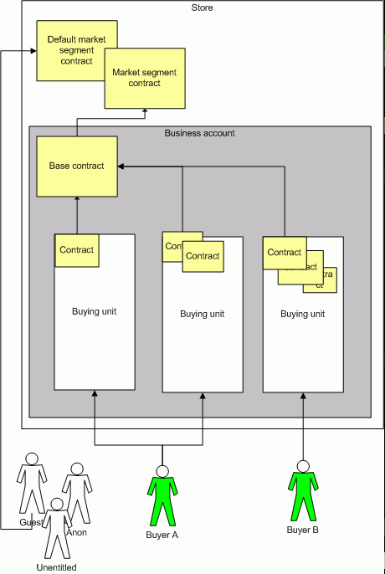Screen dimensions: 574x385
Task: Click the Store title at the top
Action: (x=202, y=8)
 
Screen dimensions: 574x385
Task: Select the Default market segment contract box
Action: (x=70, y=50)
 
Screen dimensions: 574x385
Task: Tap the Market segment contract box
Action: (x=144, y=78)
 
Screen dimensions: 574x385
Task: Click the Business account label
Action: (x=199, y=133)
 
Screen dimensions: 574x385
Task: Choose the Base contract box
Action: (x=76, y=166)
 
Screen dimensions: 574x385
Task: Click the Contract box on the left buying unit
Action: (x=77, y=249)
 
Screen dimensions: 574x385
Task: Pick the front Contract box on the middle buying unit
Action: (x=202, y=256)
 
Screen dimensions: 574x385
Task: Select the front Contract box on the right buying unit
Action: (x=284, y=253)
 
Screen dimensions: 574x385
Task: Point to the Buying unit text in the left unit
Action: (x=94, y=311)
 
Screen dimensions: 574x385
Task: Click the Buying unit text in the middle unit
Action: (x=202, y=315)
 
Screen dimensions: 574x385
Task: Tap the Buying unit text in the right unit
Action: (x=302, y=315)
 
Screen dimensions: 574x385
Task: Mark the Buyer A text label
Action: (x=162, y=534)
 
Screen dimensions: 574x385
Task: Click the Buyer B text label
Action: (x=303, y=530)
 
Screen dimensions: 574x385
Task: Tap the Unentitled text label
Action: (x=57, y=566)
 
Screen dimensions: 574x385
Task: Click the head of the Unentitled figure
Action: (x=57, y=504)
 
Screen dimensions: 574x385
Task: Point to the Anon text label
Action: (x=76, y=532)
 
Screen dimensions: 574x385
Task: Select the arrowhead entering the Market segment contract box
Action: (x=144, y=111)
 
